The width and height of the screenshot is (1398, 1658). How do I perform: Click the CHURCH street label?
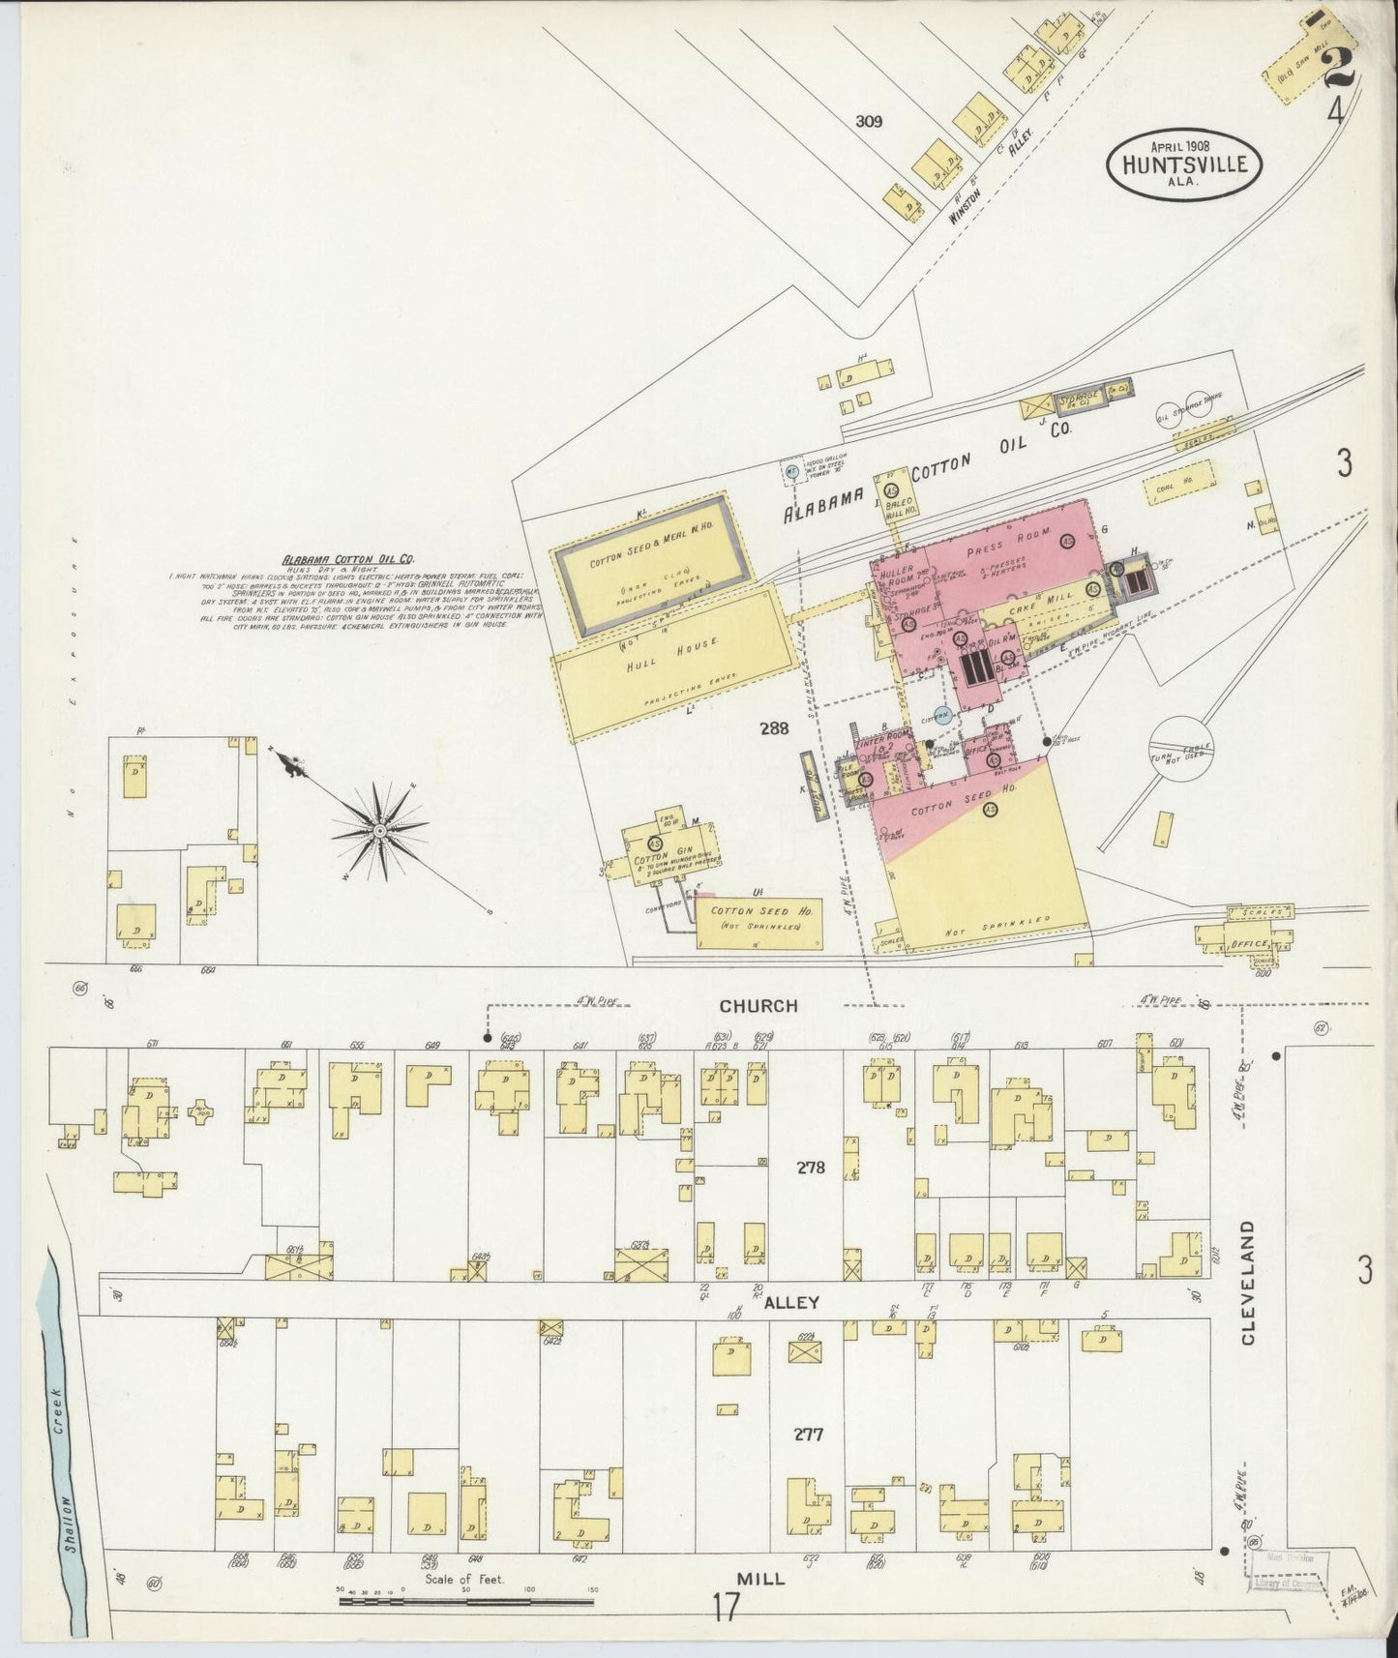[x=758, y=1006]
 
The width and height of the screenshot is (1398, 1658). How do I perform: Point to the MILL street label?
[x=762, y=1578]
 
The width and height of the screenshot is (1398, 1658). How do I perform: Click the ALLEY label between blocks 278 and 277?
[x=792, y=1302]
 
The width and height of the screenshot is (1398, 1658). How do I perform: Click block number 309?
[x=870, y=122]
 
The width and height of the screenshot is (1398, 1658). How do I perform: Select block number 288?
[x=774, y=728]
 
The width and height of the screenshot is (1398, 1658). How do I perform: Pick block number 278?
[x=810, y=1168]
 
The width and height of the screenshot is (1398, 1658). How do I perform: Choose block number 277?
[x=808, y=1434]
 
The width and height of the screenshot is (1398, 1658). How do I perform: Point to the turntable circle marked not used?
[x=1180, y=752]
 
